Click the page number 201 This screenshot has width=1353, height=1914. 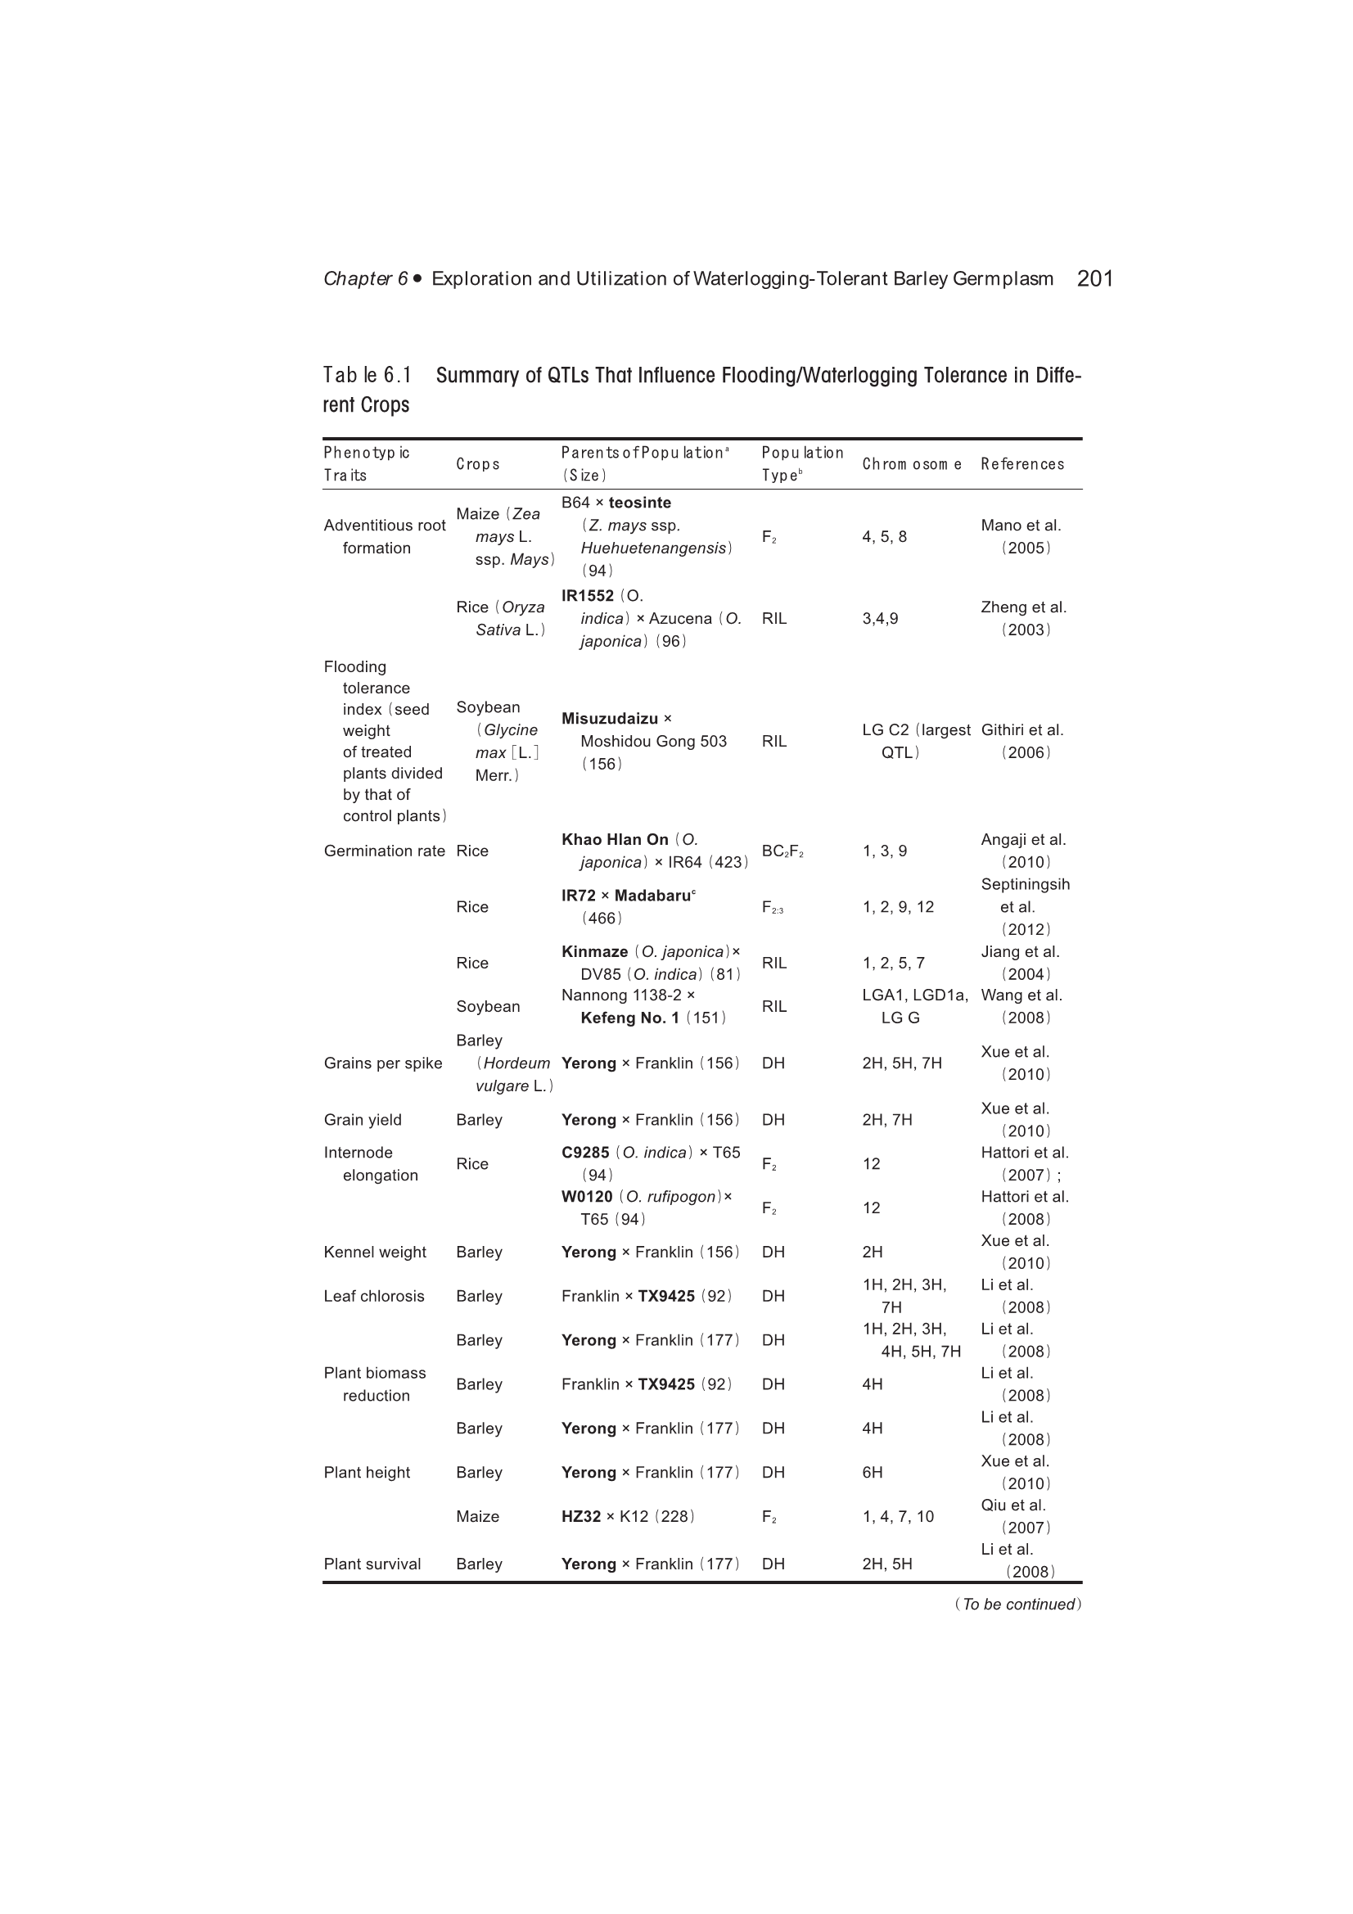[x=1094, y=278]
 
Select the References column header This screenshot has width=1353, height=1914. [x=1022, y=464]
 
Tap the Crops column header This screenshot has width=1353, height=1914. [x=478, y=464]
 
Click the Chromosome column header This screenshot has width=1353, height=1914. [x=911, y=464]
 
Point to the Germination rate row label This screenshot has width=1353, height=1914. [x=385, y=851]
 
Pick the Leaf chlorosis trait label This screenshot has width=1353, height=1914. [x=373, y=1296]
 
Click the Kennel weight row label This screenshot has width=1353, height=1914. [x=374, y=1252]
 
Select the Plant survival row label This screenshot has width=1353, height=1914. [x=372, y=1564]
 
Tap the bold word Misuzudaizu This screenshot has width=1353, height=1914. [x=610, y=719]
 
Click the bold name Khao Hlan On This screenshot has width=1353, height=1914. [x=615, y=839]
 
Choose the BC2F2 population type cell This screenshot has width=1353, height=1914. [x=782, y=851]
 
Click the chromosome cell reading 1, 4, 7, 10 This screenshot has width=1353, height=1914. [x=898, y=1517]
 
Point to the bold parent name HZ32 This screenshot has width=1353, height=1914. [x=581, y=1517]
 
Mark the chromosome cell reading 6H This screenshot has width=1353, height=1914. [x=872, y=1473]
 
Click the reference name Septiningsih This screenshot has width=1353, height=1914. [x=1025, y=884]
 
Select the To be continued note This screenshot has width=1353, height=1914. [x=1018, y=1605]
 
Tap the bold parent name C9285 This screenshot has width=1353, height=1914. [x=585, y=1153]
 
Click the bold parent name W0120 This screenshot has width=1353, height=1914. [x=587, y=1197]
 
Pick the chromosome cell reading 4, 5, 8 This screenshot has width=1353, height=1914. [x=884, y=537]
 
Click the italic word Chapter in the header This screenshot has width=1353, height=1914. [x=358, y=278]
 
